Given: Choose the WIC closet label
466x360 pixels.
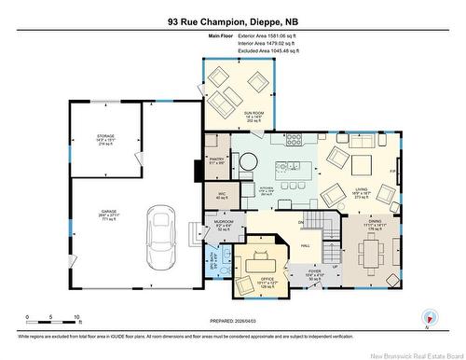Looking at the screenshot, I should pyautogui.click(x=221, y=196).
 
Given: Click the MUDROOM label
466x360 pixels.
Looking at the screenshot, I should pyautogui.click(x=223, y=225).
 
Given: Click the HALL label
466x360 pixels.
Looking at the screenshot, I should pyautogui.click(x=306, y=245).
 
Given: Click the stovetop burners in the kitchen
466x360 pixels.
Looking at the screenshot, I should pyautogui.click(x=296, y=141).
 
